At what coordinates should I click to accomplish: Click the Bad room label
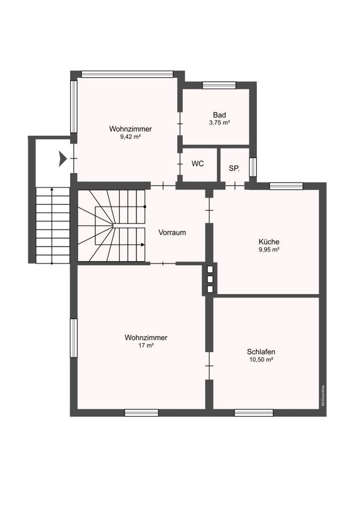point(219,115)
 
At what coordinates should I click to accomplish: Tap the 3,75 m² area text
point(220,123)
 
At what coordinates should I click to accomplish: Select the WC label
point(198,163)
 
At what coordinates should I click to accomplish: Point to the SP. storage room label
point(234,168)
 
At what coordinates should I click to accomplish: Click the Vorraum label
point(172,232)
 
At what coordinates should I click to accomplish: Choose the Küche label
point(269,241)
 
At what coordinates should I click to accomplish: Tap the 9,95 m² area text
point(270,250)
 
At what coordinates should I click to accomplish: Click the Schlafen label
point(261,352)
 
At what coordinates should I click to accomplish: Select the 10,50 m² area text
point(261,360)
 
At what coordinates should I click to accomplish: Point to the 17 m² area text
point(146,346)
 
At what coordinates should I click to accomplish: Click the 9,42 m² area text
point(131,137)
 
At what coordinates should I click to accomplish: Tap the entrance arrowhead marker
point(63,159)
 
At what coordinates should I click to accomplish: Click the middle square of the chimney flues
point(210,279)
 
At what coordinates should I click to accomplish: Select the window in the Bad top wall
point(219,86)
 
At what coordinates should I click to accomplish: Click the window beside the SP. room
point(253,167)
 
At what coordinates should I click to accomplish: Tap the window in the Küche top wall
point(286,186)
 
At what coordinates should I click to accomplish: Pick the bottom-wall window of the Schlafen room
point(254,413)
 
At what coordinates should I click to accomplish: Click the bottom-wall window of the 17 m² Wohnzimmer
point(141,413)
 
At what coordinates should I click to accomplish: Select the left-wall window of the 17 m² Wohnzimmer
point(74,338)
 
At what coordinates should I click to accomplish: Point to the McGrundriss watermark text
point(323,395)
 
